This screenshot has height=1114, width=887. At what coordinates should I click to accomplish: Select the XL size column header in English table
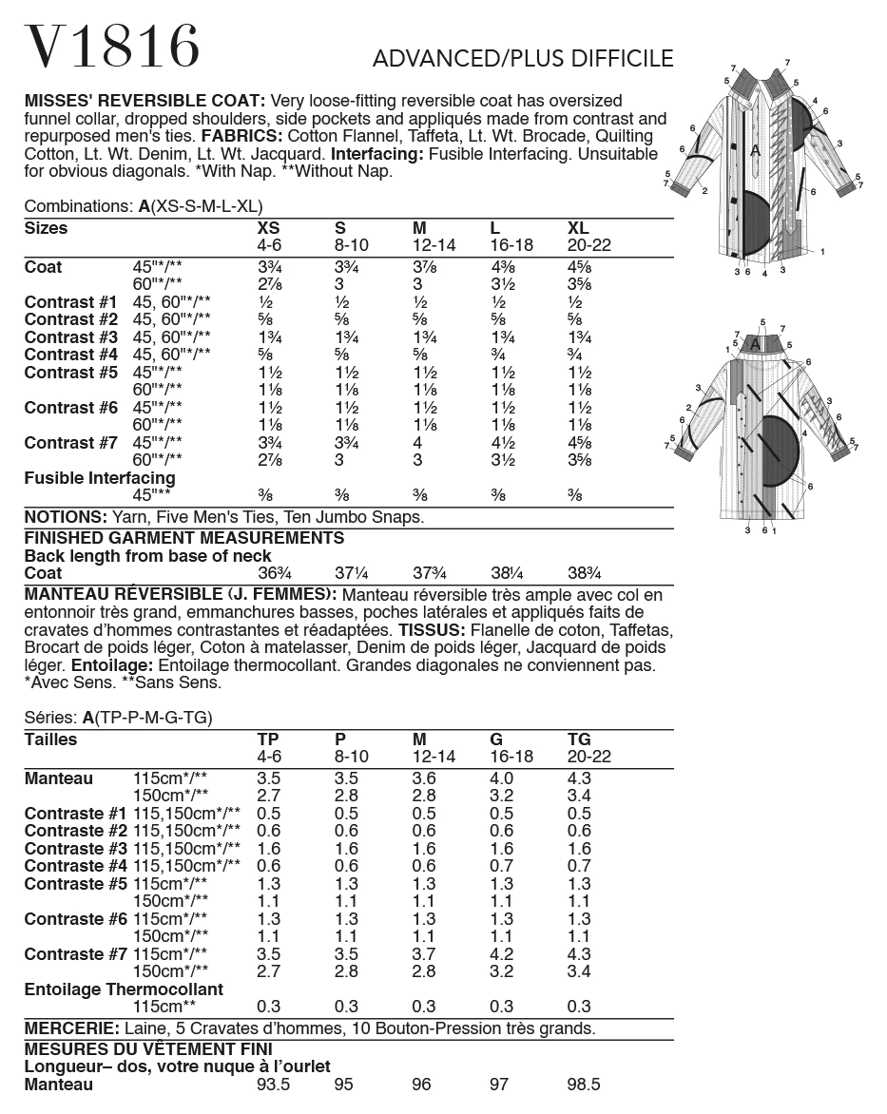click(578, 228)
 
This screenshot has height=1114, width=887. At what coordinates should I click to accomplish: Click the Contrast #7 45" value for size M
click(420, 443)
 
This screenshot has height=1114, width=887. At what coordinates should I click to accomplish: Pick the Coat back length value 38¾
click(588, 573)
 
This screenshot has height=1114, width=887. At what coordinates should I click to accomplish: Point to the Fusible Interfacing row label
click(100, 478)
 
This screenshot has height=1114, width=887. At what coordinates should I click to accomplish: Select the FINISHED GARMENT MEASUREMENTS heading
click(183, 538)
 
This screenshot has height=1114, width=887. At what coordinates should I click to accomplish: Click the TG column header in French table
click(579, 739)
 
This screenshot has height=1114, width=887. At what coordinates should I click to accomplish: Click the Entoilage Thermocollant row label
click(124, 989)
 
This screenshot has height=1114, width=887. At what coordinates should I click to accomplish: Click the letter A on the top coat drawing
click(755, 150)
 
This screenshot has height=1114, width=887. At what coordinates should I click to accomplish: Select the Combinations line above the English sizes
click(143, 206)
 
